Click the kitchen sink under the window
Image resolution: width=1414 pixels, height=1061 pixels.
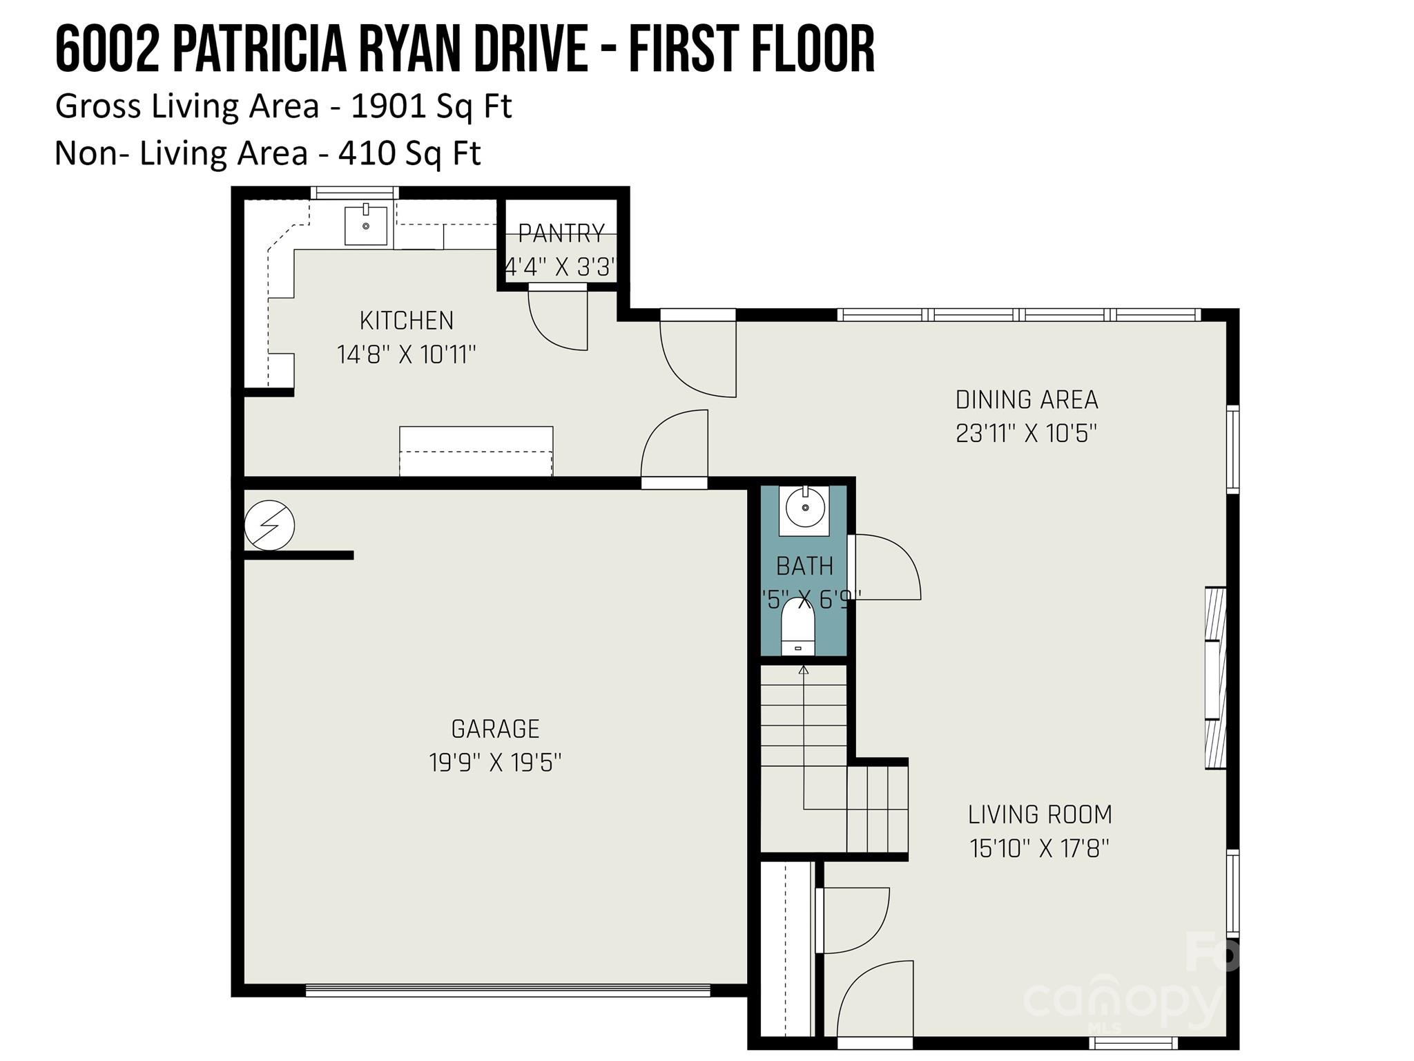point(365,225)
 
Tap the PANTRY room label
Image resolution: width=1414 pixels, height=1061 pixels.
point(561,233)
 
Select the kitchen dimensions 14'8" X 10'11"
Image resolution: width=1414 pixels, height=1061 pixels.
point(406,354)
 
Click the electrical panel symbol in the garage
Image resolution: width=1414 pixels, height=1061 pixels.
point(269,526)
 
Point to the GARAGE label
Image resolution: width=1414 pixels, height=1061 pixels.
point(495,729)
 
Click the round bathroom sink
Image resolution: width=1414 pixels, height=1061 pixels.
point(804,508)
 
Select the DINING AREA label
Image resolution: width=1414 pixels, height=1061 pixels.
point(1027,399)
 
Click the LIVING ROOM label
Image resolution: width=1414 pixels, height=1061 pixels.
point(1040,814)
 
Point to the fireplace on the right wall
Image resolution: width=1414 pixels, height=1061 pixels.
point(1215,678)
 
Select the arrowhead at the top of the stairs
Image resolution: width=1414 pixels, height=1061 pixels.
point(804,669)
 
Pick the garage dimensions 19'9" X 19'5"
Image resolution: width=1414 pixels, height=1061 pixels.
point(495,763)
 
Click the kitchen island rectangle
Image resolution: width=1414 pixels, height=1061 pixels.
point(476,451)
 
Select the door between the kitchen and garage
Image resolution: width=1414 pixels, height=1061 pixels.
point(675,449)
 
